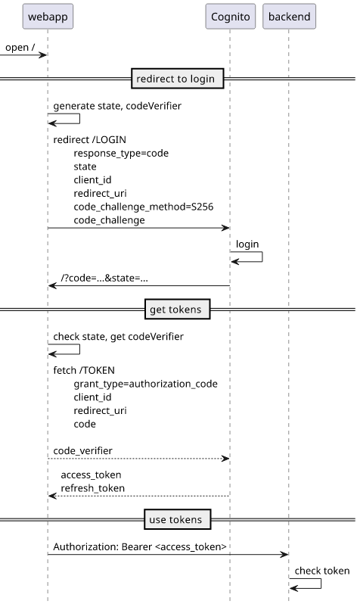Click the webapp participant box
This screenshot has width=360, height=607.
tap(48, 16)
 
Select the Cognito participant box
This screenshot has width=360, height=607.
tap(231, 16)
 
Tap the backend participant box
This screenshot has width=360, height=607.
tap(289, 16)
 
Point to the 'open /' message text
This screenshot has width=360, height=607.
tap(20, 47)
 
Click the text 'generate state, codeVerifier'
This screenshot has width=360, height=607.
tap(117, 106)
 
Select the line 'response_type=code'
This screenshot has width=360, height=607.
tap(121, 154)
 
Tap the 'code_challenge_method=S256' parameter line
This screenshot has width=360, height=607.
tap(144, 207)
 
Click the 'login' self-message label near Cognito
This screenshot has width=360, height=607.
tap(247, 244)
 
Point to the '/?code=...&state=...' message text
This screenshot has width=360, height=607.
tap(104, 278)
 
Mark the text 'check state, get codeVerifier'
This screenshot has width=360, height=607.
tap(118, 336)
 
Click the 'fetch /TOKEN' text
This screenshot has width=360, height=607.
tap(84, 370)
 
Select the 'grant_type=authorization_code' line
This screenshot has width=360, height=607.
tap(145, 384)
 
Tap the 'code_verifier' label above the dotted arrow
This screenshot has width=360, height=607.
tap(82, 450)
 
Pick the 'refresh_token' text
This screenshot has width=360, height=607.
tap(93, 488)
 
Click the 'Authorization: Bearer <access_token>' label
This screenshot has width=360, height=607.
tap(140, 546)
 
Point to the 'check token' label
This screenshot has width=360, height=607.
tap(322, 571)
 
